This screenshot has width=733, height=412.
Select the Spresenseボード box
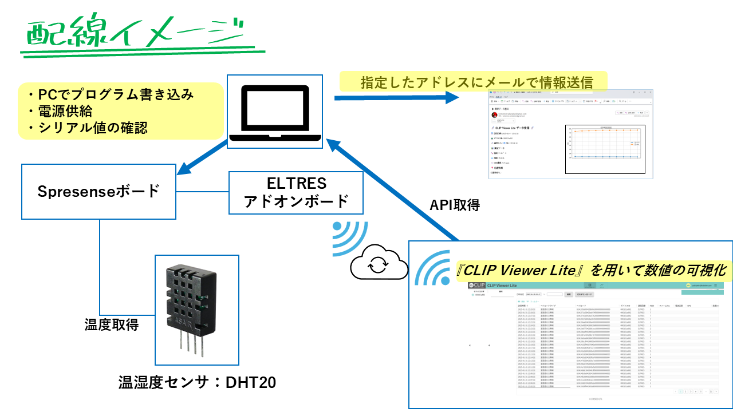point(98,191)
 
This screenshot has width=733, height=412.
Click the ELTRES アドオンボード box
point(296,192)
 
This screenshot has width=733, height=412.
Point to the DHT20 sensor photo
point(198,310)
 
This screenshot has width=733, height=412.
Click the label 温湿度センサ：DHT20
point(197,382)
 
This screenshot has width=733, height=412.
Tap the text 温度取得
point(111,325)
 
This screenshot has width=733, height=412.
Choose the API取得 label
point(455,205)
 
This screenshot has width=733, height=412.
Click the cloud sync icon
point(378,264)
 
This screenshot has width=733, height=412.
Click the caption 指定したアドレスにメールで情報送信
point(475,82)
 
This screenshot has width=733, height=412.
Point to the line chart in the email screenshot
point(605,149)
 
